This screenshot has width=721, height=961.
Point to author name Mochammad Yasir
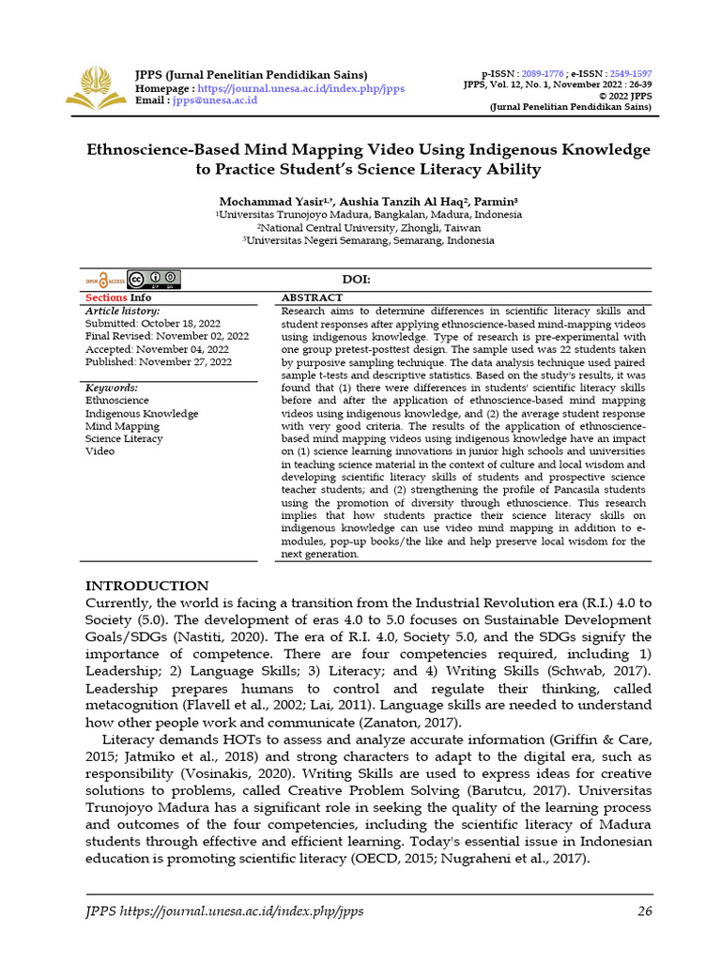[266, 202]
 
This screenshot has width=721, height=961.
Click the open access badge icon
[105, 280]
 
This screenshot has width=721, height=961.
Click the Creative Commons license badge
[154, 280]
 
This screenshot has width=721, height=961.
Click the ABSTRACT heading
[312, 297]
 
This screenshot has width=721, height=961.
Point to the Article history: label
[123, 311]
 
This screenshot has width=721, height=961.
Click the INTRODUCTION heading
[147, 586]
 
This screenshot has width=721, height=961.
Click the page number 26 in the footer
[644, 910]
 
